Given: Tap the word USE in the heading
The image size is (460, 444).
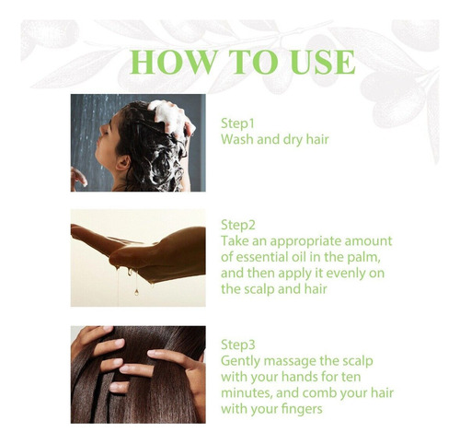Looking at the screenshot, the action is click(323, 62).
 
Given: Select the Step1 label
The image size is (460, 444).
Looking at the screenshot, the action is click(237, 123).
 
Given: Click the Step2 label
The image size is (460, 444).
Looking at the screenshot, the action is click(238, 225).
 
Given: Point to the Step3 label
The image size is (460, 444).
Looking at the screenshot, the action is click(238, 345).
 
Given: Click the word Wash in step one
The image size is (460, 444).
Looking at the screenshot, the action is click(237, 139).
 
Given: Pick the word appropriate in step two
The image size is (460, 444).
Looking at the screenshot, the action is click(305, 242).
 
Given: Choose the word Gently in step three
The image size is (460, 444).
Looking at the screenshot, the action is click(240, 361).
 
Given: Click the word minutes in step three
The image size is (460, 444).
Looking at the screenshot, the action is click(247, 393).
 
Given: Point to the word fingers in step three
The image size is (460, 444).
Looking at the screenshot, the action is click(301, 410).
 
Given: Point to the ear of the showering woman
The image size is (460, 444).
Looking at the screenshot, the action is click(123, 163).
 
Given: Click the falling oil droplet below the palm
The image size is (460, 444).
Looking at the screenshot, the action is click(136, 291).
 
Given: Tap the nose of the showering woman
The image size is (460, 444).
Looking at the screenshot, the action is click(98, 142).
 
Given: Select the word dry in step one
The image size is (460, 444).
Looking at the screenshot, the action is click(293, 140).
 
